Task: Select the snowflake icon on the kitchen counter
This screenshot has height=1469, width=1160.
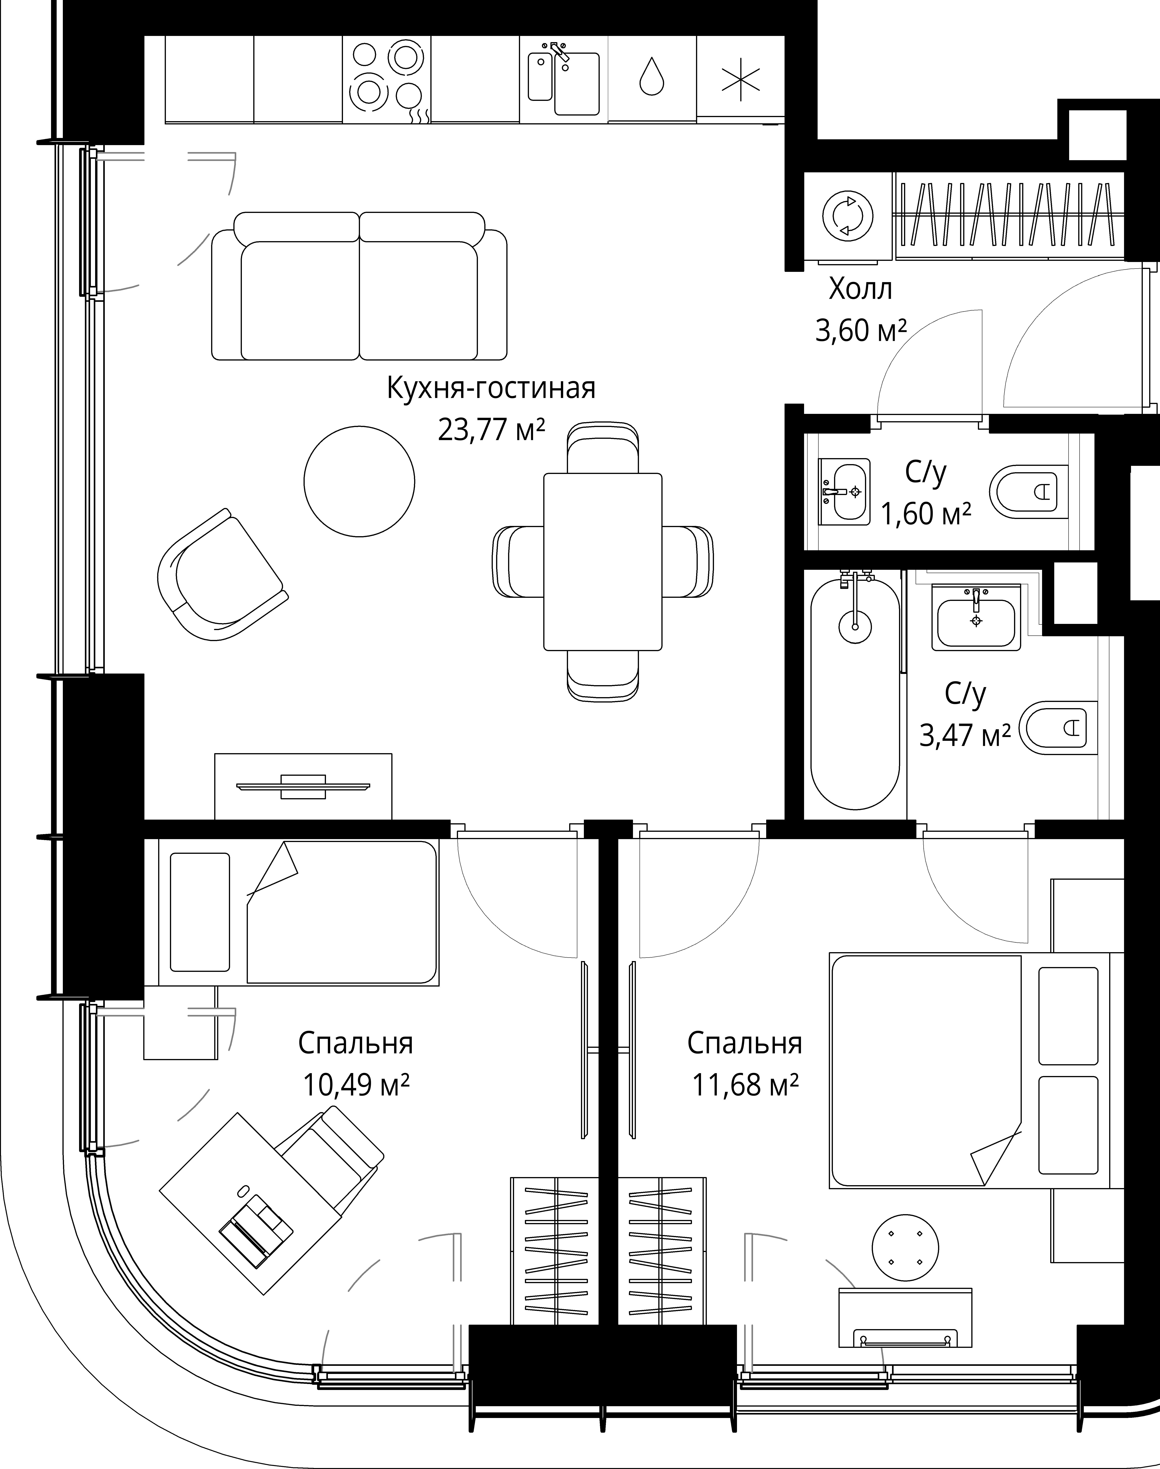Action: [x=740, y=79]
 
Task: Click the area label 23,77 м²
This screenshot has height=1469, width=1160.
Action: [x=491, y=430]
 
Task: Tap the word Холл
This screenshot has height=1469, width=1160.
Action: [x=861, y=290]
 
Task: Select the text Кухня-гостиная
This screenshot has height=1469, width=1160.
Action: [x=491, y=388]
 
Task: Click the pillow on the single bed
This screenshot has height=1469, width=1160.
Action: [x=200, y=912]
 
